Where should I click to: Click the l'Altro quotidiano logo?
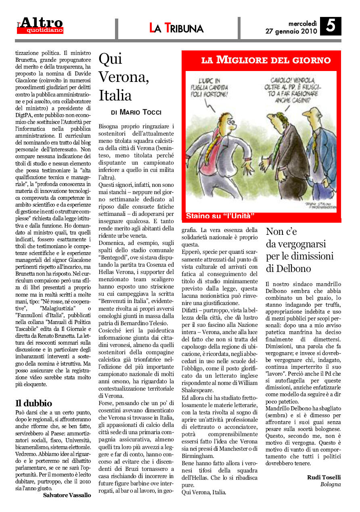(40, 25)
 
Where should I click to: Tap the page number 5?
(331, 26)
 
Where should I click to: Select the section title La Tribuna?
(176, 28)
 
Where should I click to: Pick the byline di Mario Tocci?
(136, 111)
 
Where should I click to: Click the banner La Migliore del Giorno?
(266, 61)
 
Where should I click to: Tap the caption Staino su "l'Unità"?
(220, 216)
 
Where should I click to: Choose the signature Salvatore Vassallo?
(67, 495)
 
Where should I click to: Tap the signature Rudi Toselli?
(324, 477)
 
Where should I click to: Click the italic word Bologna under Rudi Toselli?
(331, 484)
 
